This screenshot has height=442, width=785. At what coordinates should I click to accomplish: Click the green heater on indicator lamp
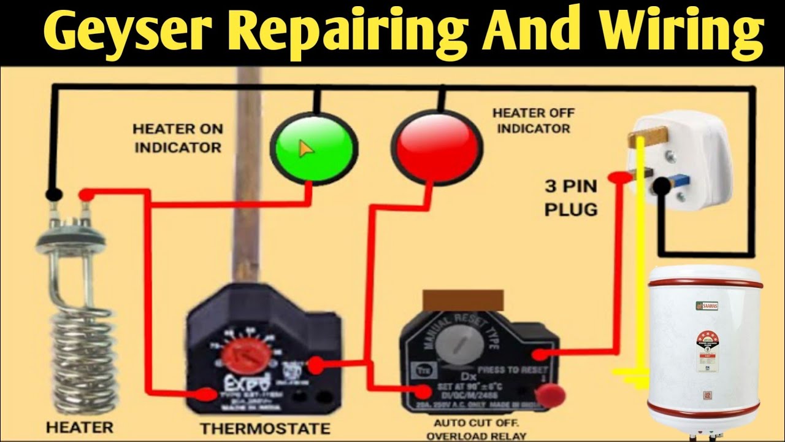[313, 147]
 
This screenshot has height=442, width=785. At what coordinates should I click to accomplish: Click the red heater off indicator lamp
[435, 147]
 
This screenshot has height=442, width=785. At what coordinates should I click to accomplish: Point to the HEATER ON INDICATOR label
[178, 138]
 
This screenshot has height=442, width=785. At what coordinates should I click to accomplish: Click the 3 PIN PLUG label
[570, 196]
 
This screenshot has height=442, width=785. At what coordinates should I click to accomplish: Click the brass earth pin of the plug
[646, 136]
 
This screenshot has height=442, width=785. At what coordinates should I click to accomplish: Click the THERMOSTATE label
[265, 428]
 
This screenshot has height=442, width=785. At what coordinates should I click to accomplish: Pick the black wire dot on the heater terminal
[54, 195]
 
